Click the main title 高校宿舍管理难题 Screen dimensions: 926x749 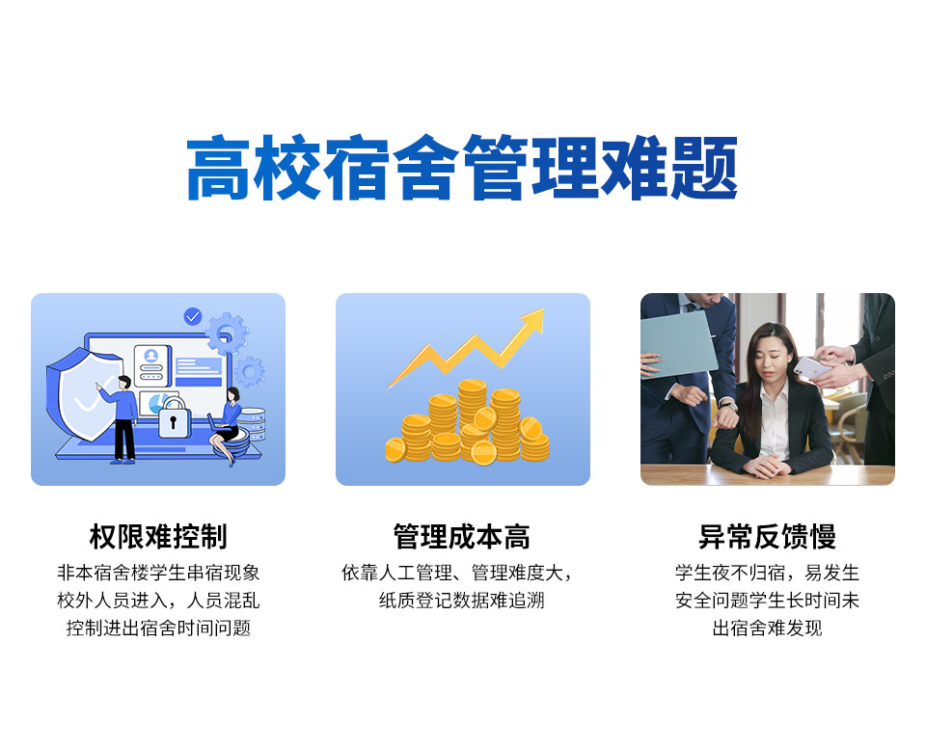[462, 168]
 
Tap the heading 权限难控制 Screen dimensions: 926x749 [158, 537]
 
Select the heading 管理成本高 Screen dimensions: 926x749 [462, 537]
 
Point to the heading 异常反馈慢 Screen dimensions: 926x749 [767, 537]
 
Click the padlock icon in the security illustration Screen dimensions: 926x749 [173, 418]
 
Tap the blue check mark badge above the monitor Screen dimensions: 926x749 [193, 316]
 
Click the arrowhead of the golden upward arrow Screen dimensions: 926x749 [533, 319]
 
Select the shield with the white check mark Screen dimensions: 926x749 [83, 392]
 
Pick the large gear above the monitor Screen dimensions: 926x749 [227, 334]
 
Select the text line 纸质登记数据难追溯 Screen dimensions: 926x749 [462, 601]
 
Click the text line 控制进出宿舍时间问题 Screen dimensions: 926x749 [158, 628]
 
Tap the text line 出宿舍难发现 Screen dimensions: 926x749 [767, 628]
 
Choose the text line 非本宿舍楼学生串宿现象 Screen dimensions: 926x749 [158, 573]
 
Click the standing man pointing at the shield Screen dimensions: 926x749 [121, 418]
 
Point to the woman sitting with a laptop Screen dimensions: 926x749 [226, 425]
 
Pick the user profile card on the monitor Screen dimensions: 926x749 [151, 366]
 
